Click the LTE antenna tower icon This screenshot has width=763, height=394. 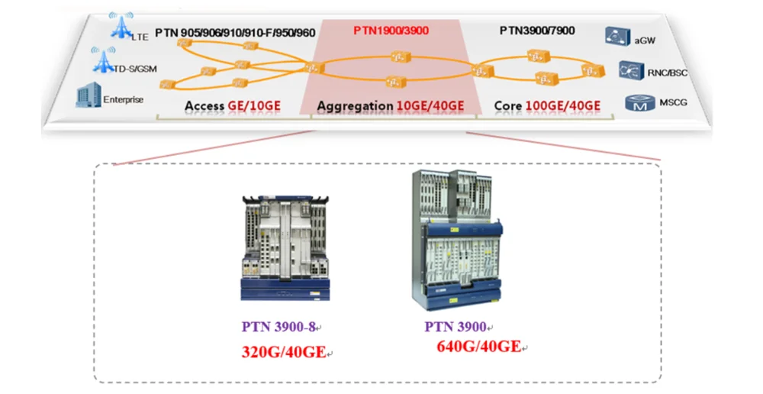[x=120, y=24]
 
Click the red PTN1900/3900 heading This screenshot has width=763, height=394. [x=391, y=31]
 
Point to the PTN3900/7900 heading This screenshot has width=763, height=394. [x=537, y=31]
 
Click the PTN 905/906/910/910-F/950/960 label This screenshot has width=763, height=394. [x=235, y=34]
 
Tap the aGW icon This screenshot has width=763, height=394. [x=614, y=35]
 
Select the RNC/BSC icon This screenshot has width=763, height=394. [x=629, y=70]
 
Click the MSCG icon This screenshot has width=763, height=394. [x=635, y=103]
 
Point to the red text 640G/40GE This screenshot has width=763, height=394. [x=478, y=347]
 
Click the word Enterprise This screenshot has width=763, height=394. [x=122, y=99]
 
